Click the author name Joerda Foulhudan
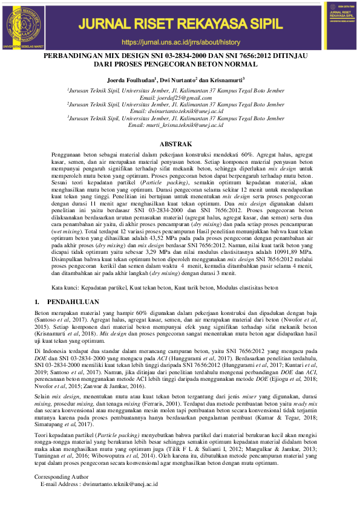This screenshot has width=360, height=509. (x=130, y=79)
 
